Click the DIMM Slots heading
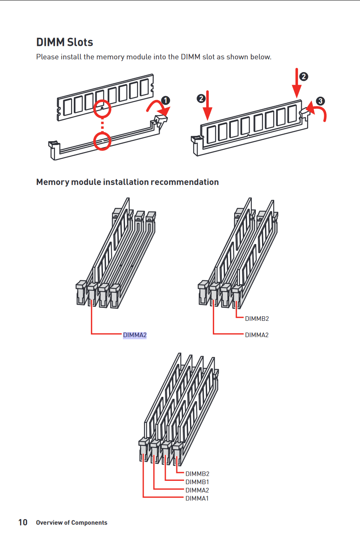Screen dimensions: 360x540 [x=65, y=42]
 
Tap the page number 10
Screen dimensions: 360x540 [x=23, y=522]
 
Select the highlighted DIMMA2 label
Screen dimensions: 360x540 [x=135, y=335]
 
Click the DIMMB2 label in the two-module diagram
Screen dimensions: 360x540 [x=257, y=319]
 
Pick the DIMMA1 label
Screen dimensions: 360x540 [x=197, y=498]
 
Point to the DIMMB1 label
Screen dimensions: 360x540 [x=197, y=482]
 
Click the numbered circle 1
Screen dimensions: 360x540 [x=165, y=100]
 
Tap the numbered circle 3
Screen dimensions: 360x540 [x=320, y=101]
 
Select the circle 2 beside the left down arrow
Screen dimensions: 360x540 [x=201, y=98]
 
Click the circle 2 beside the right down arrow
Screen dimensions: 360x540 [x=304, y=77]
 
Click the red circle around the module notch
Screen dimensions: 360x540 [x=102, y=109]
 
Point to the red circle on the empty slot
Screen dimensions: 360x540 [x=102, y=141]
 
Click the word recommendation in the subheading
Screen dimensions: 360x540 [x=185, y=182]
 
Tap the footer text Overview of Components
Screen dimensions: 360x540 [x=72, y=522]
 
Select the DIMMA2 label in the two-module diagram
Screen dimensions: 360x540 [x=257, y=335]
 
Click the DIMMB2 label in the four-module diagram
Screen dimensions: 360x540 [x=197, y=474]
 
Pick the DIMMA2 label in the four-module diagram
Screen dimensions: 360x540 [x=197, y=490]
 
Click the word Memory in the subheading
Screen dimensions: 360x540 [x=52, y=182]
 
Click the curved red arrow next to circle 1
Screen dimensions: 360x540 [x=158, y=107]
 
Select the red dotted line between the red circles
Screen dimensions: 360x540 [x=102, y=125]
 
